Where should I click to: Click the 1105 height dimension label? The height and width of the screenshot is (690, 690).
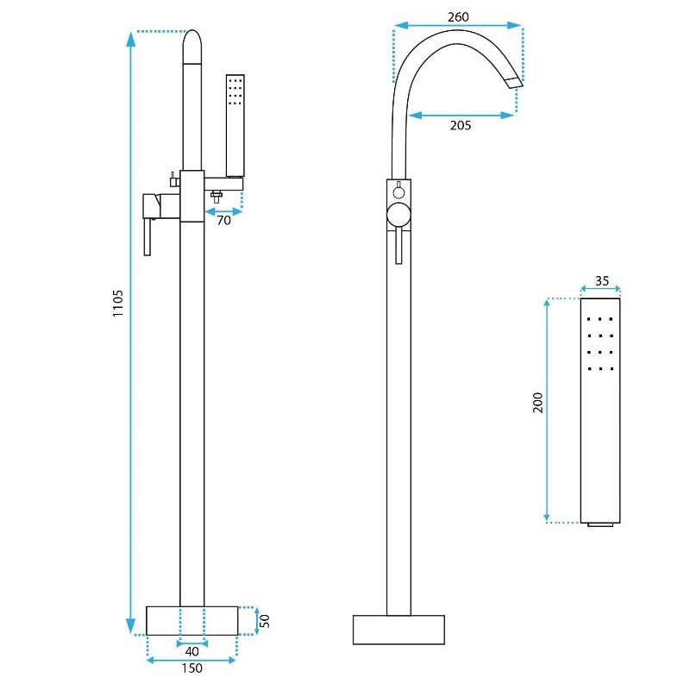click(117, 304)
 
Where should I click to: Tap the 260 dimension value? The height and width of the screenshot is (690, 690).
click(458, 16)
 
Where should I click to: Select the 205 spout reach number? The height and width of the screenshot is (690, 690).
click(461, 125)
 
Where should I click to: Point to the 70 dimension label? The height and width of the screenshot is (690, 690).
click(223, 220)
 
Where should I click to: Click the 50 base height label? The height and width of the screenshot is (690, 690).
click(265, 621)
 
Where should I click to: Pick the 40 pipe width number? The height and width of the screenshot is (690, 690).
click(191, 651)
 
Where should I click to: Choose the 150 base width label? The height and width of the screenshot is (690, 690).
click(191, 668)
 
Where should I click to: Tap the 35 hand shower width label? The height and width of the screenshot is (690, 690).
click(601, 281)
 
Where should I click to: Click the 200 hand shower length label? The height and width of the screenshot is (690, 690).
click(537, 402)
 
